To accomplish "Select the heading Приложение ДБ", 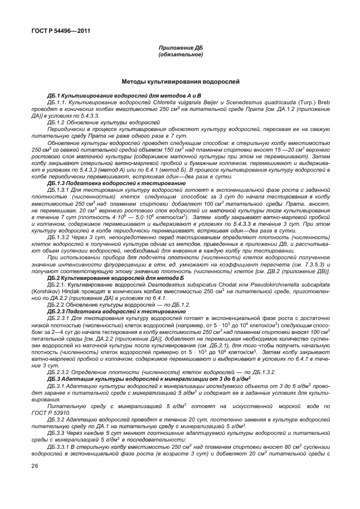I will click(x=180, y=49).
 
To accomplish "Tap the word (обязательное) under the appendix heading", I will click(x=180, y=55).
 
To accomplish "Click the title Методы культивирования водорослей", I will click(x=180, y=81).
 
